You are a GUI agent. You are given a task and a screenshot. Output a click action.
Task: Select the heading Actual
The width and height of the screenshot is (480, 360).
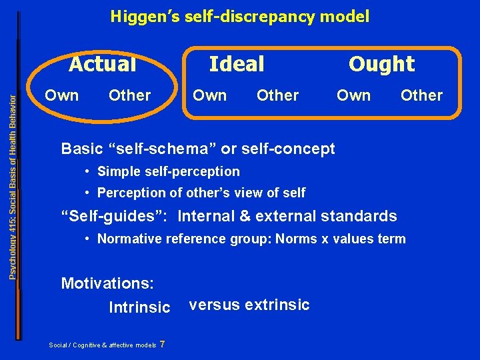(103, 64)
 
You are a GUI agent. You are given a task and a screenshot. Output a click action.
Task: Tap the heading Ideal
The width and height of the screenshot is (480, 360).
(237, 64)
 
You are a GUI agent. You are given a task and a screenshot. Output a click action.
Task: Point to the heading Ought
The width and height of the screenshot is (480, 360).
(382, 64)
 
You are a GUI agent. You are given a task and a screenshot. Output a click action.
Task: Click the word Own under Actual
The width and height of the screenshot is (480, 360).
(61, 95)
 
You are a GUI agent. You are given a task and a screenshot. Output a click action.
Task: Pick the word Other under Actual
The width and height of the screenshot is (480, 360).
(129, 95)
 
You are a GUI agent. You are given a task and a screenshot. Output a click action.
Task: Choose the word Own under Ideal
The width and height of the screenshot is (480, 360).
(209, 95)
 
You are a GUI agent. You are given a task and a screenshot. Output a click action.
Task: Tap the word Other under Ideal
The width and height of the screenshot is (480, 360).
(277, 95)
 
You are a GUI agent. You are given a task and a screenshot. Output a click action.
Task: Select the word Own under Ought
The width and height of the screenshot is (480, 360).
(353, 95)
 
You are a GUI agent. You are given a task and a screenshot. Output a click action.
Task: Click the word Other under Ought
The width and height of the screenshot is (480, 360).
(421, 95)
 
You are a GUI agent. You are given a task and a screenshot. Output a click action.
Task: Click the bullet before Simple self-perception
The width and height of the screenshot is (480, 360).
(88, 172)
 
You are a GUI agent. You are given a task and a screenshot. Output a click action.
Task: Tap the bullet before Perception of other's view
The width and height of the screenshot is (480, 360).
(88, 193)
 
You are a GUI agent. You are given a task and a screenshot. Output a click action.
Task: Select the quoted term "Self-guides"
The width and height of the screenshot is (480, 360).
(116, 216)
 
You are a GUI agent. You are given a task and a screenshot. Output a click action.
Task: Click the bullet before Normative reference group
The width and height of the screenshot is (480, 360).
(88, 239)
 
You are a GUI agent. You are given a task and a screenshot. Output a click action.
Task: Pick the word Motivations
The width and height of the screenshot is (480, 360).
(107, 283)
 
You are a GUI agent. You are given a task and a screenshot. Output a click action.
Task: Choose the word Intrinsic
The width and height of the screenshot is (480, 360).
(139, 307)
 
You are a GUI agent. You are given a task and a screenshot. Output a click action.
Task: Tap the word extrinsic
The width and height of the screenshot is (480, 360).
(277, 305)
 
